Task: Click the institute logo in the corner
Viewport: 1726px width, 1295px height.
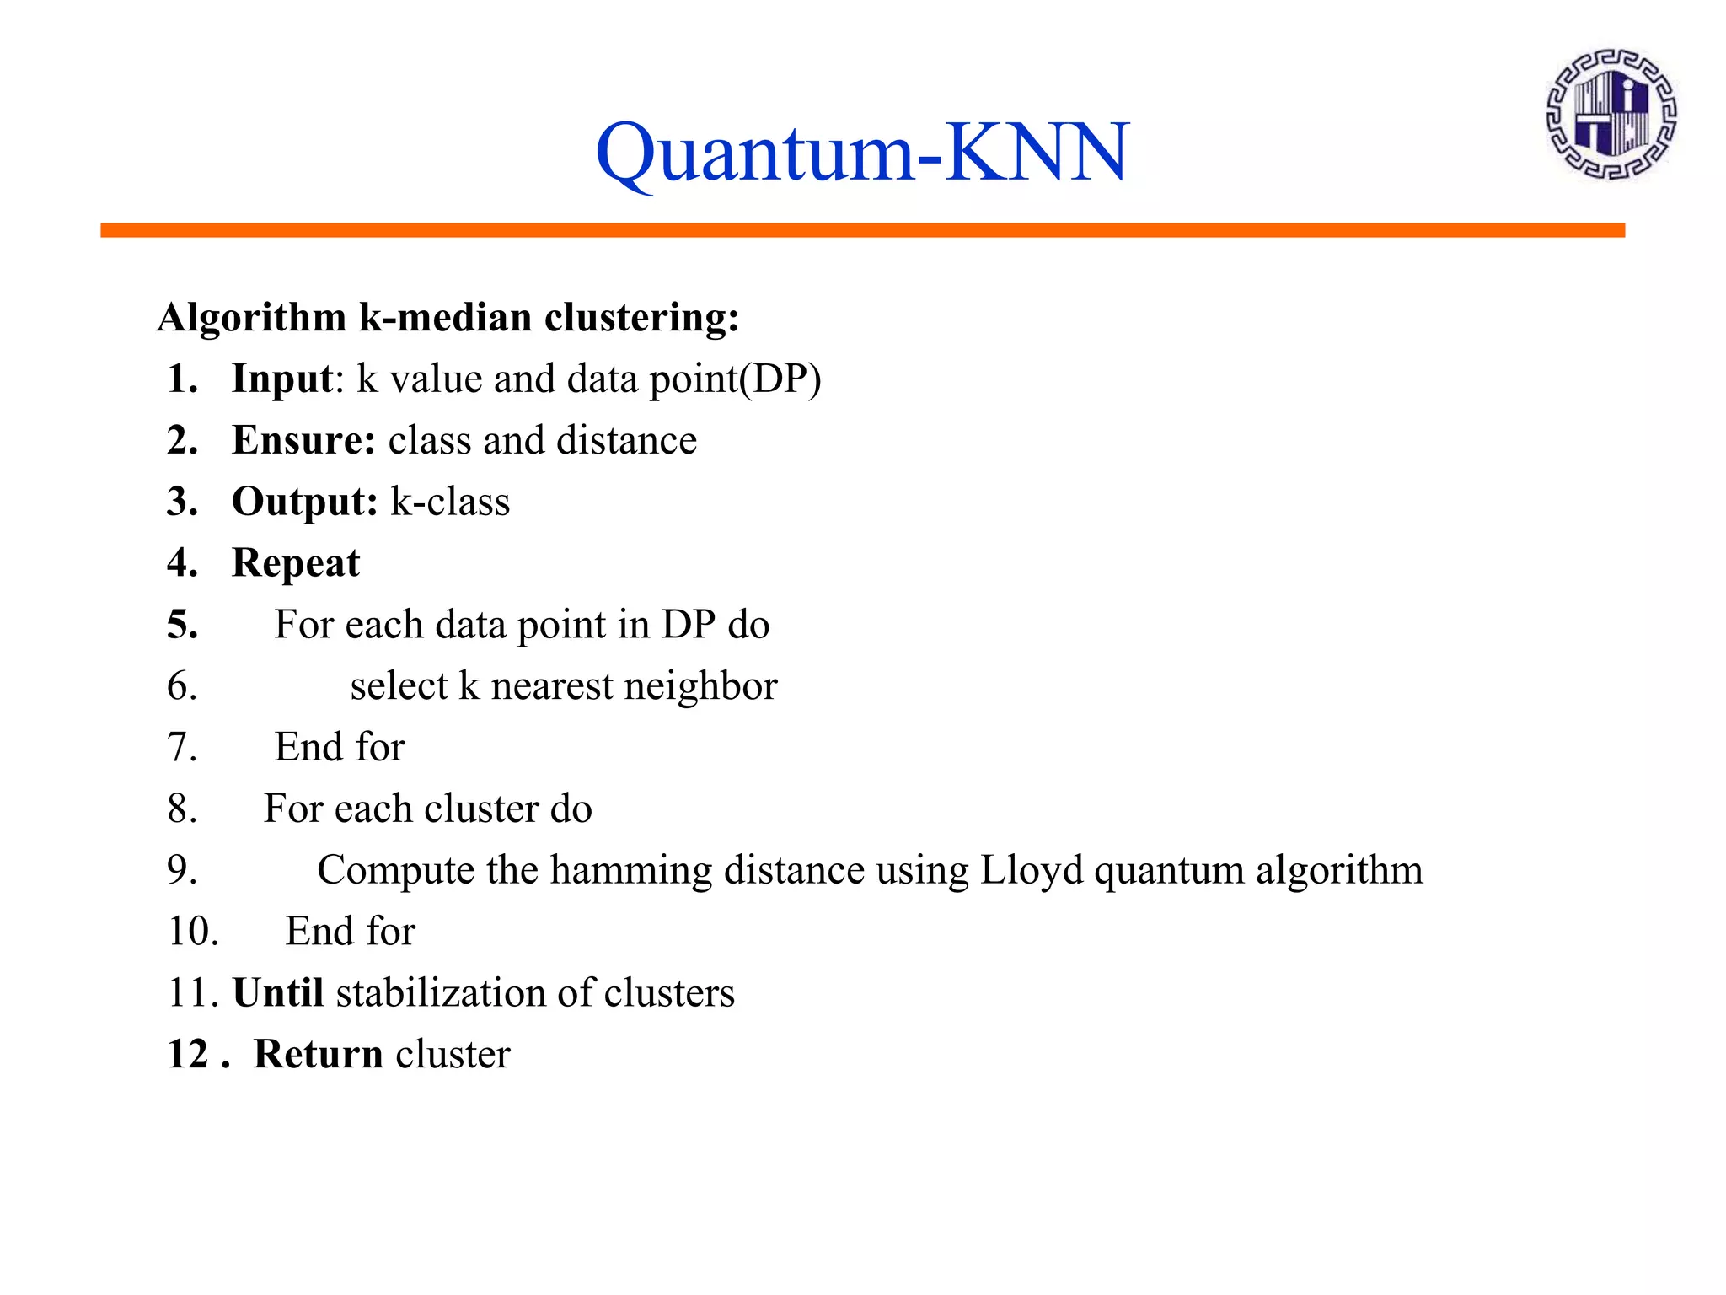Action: point(1611,114)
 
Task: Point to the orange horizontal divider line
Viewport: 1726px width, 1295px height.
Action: point(862,230)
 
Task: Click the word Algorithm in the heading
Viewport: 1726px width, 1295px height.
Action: point(251,318)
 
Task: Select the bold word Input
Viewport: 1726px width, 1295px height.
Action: point(282,379)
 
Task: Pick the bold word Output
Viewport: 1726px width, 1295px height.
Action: point(304,502)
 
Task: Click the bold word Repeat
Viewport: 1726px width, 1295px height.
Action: point(296,563)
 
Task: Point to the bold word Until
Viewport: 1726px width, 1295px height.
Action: point(278,992)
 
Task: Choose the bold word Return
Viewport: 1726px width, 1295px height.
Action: point(319,1054)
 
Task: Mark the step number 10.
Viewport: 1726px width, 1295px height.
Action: point(193,932)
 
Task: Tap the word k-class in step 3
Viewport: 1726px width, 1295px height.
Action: point(450,502)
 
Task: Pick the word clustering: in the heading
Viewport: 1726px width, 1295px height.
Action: point(641,318)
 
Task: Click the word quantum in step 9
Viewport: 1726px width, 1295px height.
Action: point(1168,870)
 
